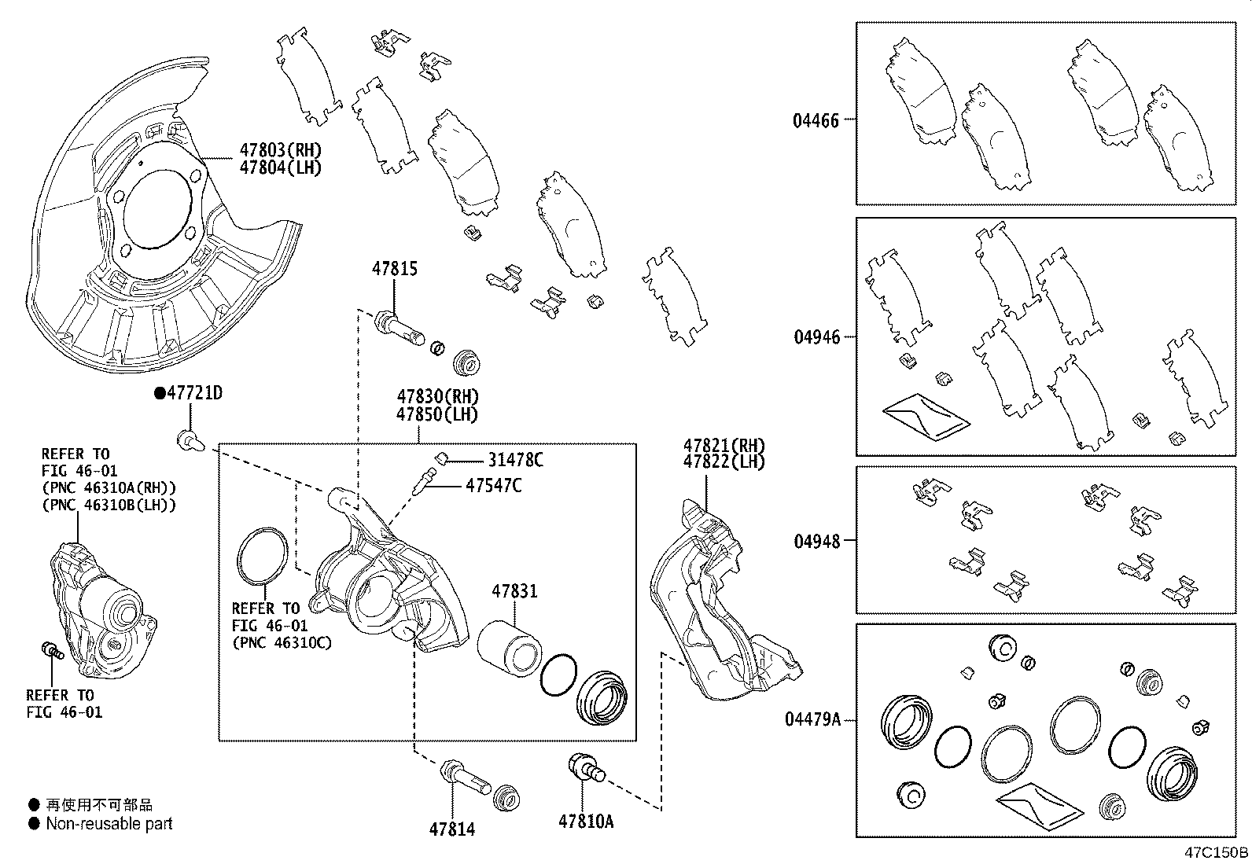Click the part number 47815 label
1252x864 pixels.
tap(394, 269)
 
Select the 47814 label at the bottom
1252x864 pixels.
tap(452, 829)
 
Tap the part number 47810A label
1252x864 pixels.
tap(586, 822)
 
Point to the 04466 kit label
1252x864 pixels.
tap(816, 120)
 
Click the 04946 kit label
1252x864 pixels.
tap(816, 337)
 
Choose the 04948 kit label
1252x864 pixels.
tap(816, 541)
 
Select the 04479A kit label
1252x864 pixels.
tap(812, 719)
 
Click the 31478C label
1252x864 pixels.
tap(515, 461)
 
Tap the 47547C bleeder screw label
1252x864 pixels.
tap(493, 486)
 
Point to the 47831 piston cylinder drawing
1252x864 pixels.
tap(507, 647)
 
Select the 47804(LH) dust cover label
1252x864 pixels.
tap(280, 167)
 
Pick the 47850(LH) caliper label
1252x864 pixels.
tap(437, 414)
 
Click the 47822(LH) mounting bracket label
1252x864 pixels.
tap(724, 462)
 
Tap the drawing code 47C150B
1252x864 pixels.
tap(1217, 852)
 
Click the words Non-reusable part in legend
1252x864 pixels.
tap(109, 824)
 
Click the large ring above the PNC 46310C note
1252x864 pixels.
tap(262, 557)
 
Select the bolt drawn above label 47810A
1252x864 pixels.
tap(586, 767)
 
